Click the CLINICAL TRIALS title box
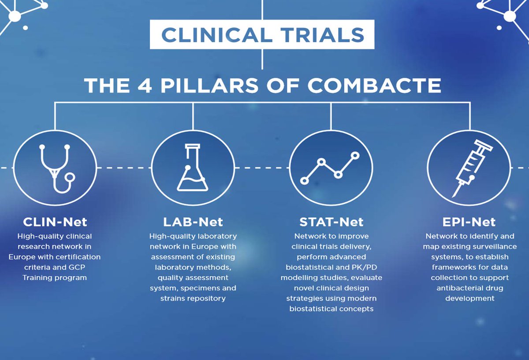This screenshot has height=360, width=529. coord(262,35)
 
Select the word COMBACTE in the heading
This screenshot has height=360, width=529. coord(375,85)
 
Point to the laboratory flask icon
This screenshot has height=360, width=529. coord(193,168)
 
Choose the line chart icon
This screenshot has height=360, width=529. coord(331,168)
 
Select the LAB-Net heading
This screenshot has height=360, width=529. coord(193,221)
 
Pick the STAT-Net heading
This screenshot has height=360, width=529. coord(331,221)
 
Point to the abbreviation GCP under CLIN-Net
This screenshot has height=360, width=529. coord(80,267)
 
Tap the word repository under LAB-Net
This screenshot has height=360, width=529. coord(206,298)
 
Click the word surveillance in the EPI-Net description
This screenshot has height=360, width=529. coord(493,246)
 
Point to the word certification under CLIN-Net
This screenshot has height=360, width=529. coord(78,256)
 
